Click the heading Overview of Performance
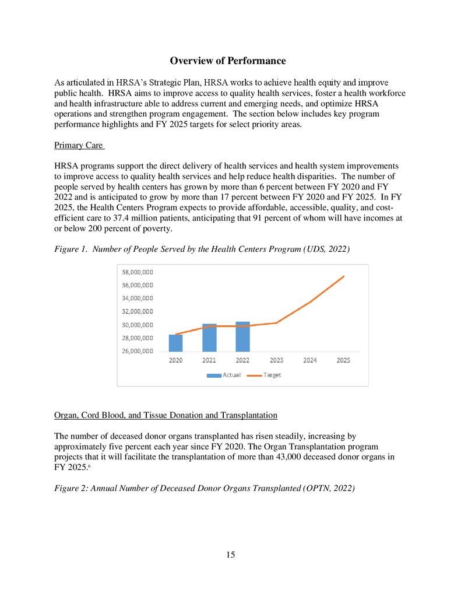coord(227,61)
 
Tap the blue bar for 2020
coord(175,343)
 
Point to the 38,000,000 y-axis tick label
coord(137,272)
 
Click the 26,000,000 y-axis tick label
coord(137,351)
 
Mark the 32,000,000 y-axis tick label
coord(137,312)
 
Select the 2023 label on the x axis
coord(276,361)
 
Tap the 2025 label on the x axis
coord(343,361)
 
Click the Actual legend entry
coord(224,375)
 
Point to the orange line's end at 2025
coord(344,276)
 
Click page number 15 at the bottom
coord(230,554)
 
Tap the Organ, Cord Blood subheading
coord(166,416)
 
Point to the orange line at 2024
coord(310,302)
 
